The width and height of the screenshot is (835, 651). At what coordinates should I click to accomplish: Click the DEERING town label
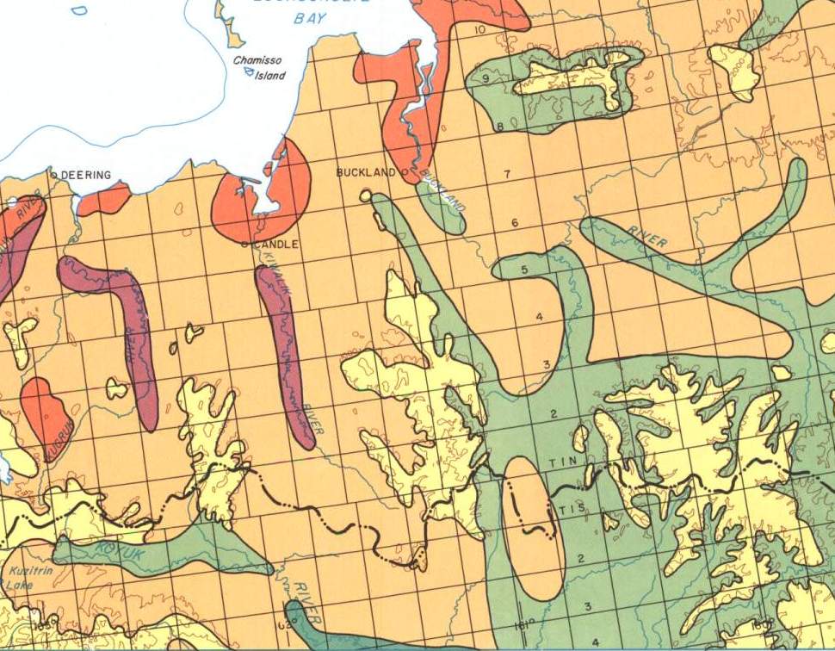pos(88,175)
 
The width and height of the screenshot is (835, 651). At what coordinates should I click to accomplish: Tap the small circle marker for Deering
pos(54,174)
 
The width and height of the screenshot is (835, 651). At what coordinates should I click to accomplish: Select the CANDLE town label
pos(275,245)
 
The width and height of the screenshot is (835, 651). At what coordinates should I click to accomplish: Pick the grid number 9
pos(486,78)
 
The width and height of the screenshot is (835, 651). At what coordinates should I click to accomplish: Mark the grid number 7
pos(507,175)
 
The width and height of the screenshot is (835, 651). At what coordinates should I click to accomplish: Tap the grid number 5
pos(524,270)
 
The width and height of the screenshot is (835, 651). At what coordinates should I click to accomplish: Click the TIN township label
pos(560,464)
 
